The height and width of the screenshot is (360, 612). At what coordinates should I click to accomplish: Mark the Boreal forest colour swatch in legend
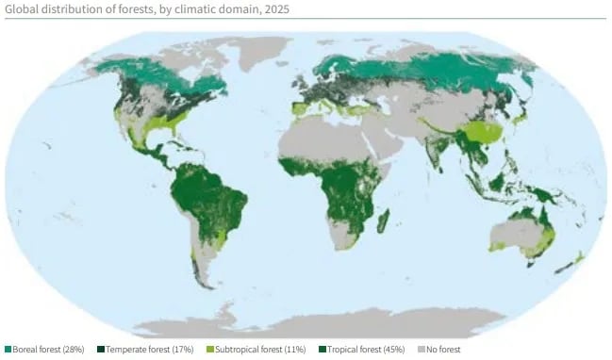(x=8, y=350)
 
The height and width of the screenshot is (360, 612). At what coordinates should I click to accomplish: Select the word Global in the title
(x=23, y=9)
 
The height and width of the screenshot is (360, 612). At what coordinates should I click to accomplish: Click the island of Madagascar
(x=384, y=222)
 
